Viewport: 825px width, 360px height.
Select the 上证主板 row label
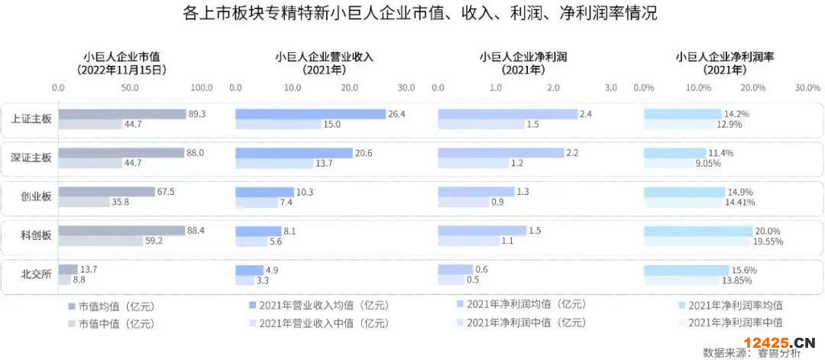coord(31,119)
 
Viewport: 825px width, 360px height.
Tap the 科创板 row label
coord(36,236)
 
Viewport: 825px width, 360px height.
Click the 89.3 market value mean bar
coord(122,114)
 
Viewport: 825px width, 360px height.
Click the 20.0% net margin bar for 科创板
coord(698,231)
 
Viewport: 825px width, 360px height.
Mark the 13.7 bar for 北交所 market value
coord(68,270)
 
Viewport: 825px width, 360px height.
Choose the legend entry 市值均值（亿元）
coord(115,306)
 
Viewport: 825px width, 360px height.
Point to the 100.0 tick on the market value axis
coord(202,88)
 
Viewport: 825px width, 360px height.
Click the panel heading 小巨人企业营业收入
coord(324,56)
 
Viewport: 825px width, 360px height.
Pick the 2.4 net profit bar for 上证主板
coord(507,114)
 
